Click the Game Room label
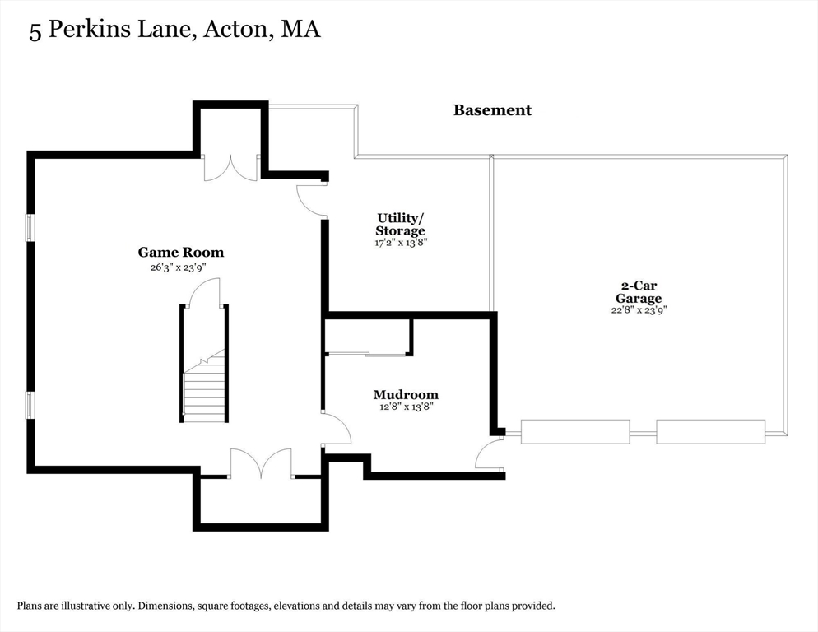click(180, 253)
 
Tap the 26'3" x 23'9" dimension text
click(180, 267)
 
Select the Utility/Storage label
click(401, 224)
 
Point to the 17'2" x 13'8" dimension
click(401, 243)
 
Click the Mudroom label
click(406, 394)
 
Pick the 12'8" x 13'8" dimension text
click(406, 407)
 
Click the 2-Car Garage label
click(639, 292)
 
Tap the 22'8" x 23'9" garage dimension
click(639, 310)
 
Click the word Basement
click(492, 110)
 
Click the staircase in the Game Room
click(204, 387)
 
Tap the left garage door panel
click(575, 431)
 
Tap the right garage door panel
click(710, 431)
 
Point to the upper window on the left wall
click(30, 228)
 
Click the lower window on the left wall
click(30, 405)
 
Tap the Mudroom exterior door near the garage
click(490, 454)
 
